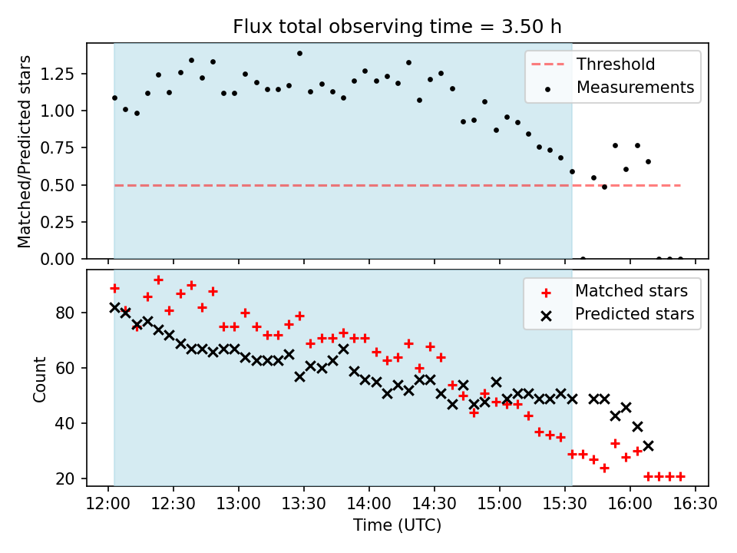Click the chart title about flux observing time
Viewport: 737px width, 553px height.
tap(397, 27)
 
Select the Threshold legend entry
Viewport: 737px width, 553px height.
tap(616, 64)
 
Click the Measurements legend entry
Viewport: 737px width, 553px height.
tap(635, 87)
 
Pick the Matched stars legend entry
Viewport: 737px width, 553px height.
tap(631, 290)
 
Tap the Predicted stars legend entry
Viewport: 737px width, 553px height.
tap(634, 313)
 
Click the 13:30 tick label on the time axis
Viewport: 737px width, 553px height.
tap(304, 504)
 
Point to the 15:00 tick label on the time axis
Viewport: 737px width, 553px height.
tap(500, 504)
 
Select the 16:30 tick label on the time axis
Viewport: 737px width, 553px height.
tap(696, 504)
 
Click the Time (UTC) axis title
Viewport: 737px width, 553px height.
tap(397, 525)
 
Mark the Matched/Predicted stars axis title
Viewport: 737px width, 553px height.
tap(25, 151)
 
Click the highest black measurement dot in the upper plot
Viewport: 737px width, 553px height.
tap(299, 53)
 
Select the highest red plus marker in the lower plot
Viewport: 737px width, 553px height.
tap(158, 280)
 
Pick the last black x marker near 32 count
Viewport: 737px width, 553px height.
tap(648, 445)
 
